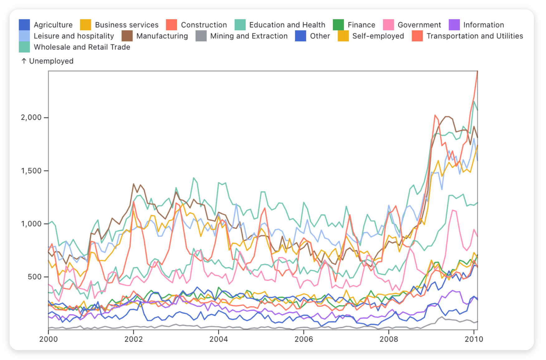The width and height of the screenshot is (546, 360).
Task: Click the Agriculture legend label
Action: tap(53, 25)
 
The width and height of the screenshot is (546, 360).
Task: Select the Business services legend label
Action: tap(127, 25)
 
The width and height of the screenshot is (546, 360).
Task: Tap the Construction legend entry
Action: tap(204, 25)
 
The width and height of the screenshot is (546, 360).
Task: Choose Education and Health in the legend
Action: tap(287, 25)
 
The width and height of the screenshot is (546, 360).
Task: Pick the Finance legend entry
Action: tap(361, 25)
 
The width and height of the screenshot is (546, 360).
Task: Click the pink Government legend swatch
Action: tap(388, 25)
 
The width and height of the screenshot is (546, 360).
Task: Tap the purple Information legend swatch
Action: tap(454, 25)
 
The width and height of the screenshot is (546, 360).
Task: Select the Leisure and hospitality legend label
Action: tap(74, 36)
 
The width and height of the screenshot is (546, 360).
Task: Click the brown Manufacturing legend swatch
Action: tap(127, 36)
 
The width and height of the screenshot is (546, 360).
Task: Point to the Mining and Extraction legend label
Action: tap(249, 36)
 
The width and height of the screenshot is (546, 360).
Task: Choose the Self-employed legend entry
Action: tap(378, 36)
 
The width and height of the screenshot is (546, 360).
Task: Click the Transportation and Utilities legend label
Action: tap(475, 36)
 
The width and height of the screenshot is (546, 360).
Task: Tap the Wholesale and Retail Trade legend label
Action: tap(82, 47)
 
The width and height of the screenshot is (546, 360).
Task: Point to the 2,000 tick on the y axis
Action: tap(31, 117)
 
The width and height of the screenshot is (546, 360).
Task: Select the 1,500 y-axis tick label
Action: tap(31, 171)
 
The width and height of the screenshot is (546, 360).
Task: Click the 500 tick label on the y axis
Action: tap(34, 277)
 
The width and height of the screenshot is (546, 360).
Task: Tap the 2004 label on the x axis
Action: tap(218, 339)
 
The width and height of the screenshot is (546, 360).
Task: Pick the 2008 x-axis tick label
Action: tap(389, 339)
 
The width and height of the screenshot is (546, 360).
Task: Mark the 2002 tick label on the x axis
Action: tap(133, 339)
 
